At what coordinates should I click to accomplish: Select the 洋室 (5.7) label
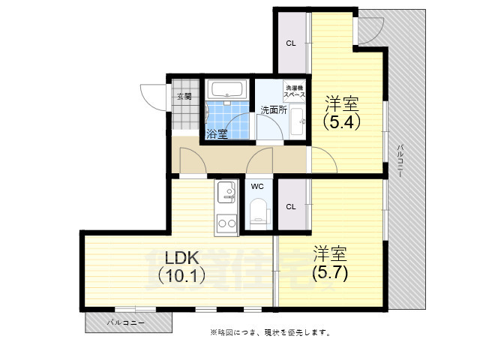click(330, 262)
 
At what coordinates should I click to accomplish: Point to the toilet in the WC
click(259, 209)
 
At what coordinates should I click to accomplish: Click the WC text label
click(257, 186)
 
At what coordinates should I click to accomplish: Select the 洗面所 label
click(274, 110)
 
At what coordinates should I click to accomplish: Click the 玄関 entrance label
click(184, 96)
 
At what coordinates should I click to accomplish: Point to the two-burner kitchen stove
click(226, 223)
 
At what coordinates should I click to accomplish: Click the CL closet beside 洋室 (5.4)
click(291, 43)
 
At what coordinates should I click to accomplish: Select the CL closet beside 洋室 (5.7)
click(291, 205)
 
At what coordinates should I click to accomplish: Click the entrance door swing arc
click(151, 96)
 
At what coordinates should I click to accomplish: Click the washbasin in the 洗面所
click(296, 119)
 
